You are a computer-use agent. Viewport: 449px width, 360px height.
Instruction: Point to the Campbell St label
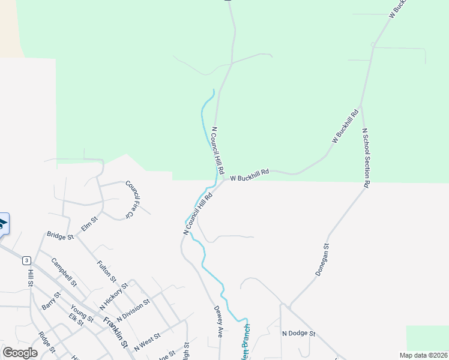point(64,272)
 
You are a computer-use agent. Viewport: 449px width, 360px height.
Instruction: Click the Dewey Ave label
point(218,322)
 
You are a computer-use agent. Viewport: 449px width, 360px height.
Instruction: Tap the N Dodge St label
point(298,333)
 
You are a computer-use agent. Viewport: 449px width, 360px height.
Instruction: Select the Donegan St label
point(322,260)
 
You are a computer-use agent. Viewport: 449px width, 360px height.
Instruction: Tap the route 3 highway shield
point(26,260)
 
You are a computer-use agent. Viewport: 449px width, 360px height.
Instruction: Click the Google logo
point(20,353)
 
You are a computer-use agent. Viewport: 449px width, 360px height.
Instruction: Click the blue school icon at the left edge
point(2,224)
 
